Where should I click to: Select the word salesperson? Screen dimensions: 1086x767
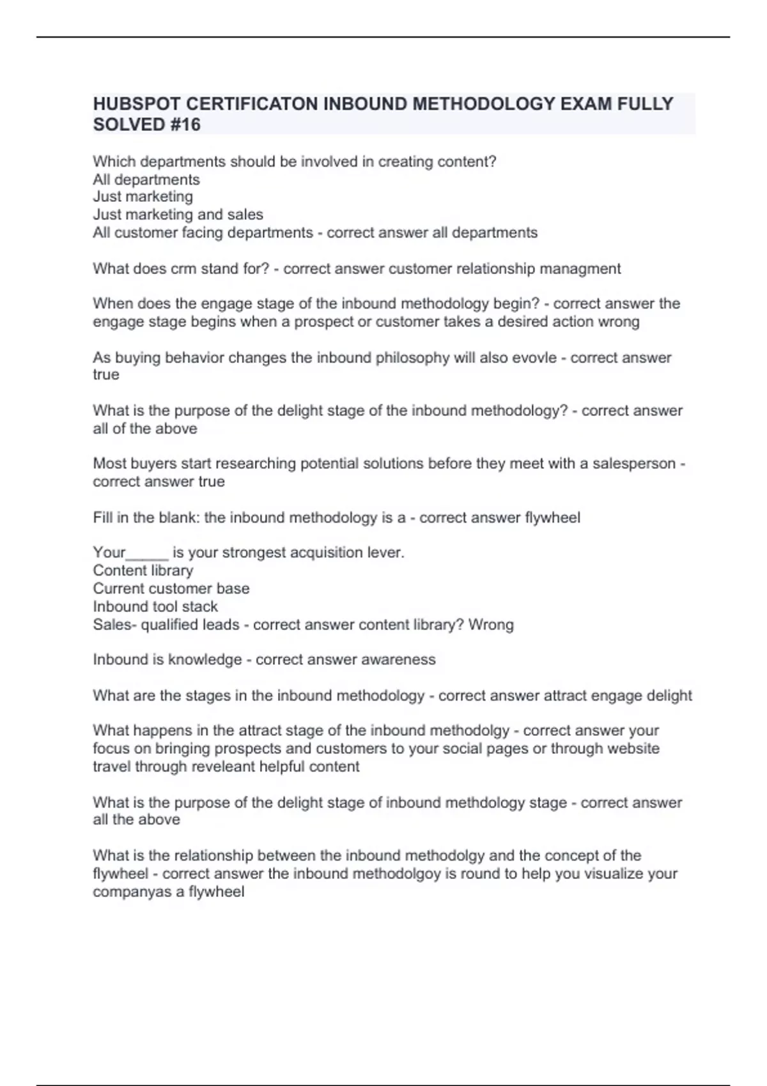click(x=633, y=463)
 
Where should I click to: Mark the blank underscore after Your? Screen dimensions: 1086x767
click(x=148, y=553)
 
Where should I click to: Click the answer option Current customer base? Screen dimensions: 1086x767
click(x=171, y=588)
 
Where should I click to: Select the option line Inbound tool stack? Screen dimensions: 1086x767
click(x=155, y=606)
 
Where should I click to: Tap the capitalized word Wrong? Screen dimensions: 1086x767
click(x=491, y=624)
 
